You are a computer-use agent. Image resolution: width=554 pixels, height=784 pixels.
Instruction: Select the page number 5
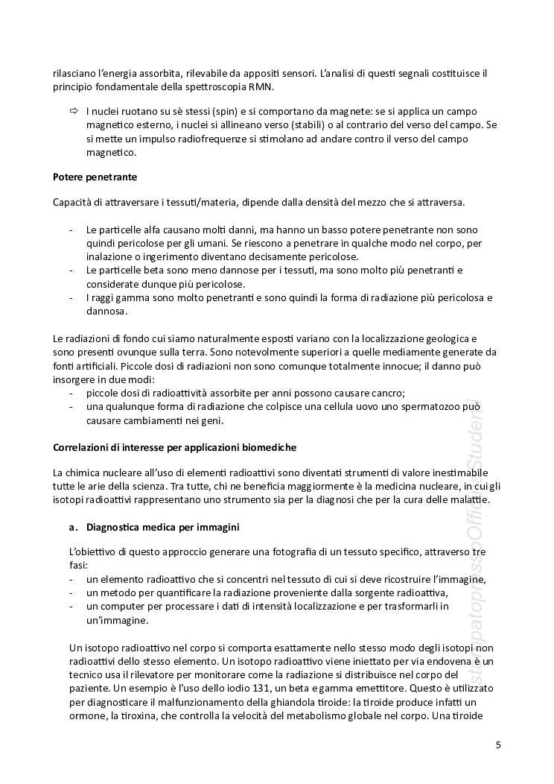point(498,745)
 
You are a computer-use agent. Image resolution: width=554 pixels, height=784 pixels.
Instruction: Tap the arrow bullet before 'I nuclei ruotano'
point(73,111)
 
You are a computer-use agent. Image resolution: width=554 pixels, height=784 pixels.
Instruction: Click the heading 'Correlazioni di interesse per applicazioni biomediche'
point(174,447)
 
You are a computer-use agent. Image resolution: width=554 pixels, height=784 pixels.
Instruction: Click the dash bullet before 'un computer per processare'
point(71,607)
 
